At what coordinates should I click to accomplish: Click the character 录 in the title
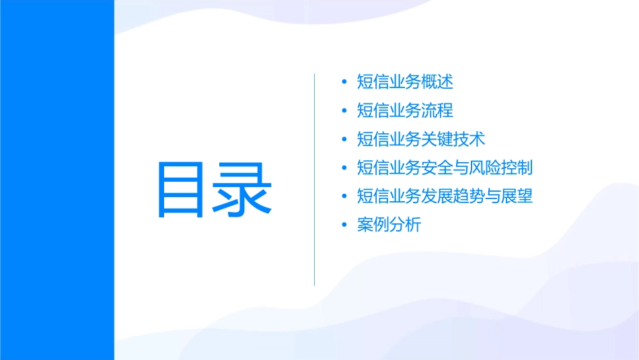coord(243,189)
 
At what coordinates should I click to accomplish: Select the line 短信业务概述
coord(405,82)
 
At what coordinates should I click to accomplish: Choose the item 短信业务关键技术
coord(421,139)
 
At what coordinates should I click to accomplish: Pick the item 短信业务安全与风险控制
coord(445,168)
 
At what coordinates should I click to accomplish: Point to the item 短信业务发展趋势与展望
coord(445,196)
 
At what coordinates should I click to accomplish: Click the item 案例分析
coord(389,225)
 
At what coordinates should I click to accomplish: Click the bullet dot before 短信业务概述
coord(344,83)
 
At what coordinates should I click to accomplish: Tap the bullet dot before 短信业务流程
coord(344,111)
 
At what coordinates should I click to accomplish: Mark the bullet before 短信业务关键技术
coord(344,140)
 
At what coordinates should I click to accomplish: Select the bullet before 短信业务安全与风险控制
coord(344,168)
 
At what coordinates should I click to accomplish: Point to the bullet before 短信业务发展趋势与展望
coord(344,197)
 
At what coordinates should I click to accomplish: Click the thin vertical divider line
coord(314,180)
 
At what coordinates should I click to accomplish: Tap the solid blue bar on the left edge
coord(57,180)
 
